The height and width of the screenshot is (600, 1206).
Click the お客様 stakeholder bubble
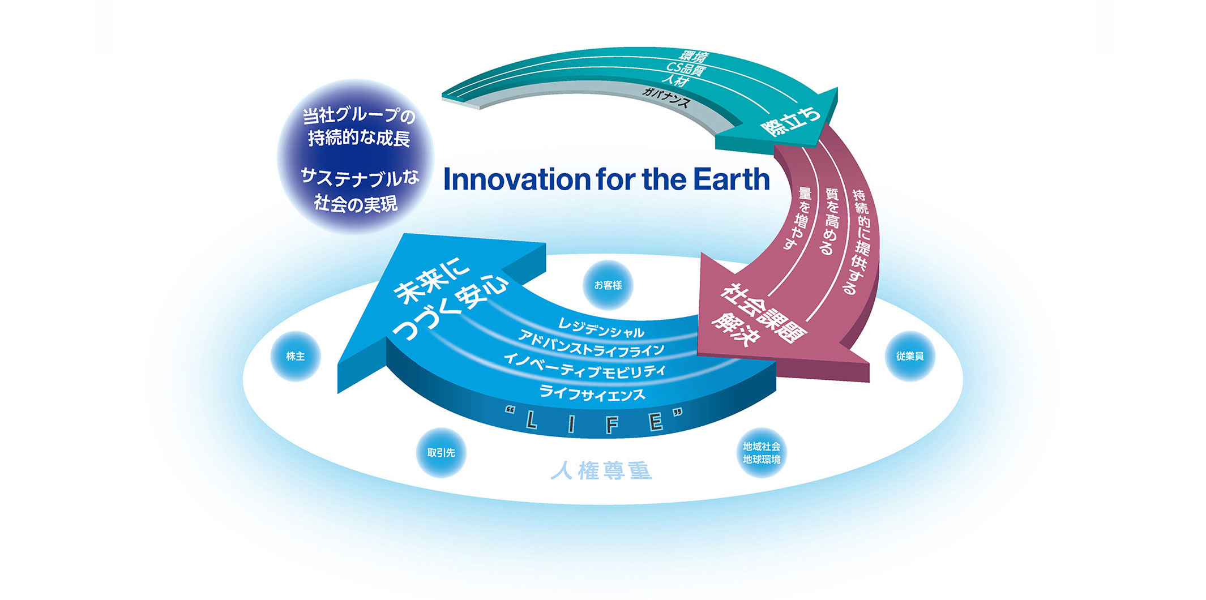pyautogui.click(x=608, y=285)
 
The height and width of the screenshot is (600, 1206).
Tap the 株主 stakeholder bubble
pyautogui.click(x=296, y=357)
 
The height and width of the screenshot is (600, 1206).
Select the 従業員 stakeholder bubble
pyautogui.click(x=910, y=357)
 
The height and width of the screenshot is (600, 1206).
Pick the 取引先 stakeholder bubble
pyautogui.click(x=441, y=453)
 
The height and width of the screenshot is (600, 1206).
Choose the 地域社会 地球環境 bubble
pyautogui.click(x=762, y=453)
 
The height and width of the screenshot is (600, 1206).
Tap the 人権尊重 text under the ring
pyautogui.click(x=601, y=471)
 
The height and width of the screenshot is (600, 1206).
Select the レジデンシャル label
pyautogui.click(x=601, y=328)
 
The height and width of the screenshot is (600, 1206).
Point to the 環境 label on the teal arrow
pyautogui.click(x=694, y=57)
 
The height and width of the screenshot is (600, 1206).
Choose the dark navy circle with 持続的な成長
pyautogui.click(x=356, y=157)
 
